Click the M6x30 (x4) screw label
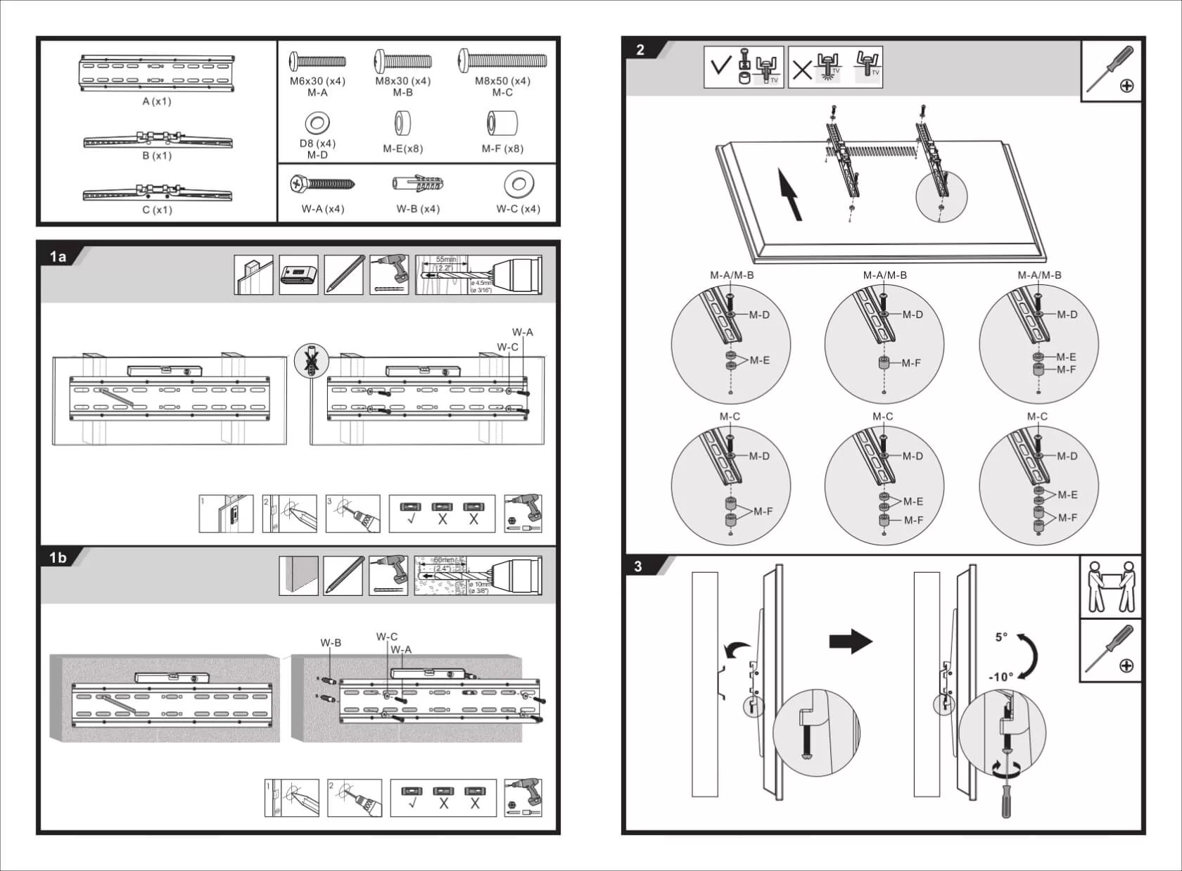point(317,81)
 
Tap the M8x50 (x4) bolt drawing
point(502,61)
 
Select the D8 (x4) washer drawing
point(317,124)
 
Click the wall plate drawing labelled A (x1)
point(156,73)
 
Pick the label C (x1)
point(156,210)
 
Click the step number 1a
point(58,257)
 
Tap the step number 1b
point(58,558)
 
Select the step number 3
point(638,566)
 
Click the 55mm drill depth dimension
point(446,260)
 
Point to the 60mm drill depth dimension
point(443,560)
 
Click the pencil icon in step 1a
point(343,275)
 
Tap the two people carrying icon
point(1110,587)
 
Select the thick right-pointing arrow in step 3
point(851,641)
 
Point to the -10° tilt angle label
point(1000,677)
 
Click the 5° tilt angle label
point(1001,637)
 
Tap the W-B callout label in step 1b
point(331,642)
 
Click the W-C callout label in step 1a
point(507,347)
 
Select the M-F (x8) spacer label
point(502,148)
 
